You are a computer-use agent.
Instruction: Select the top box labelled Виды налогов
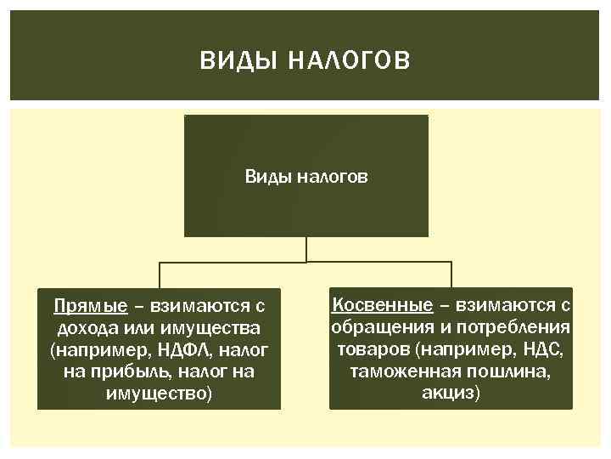306,176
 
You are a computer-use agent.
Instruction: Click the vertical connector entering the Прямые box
159,275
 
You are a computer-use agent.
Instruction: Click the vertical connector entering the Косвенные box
451,275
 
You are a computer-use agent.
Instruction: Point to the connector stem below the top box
306,249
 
